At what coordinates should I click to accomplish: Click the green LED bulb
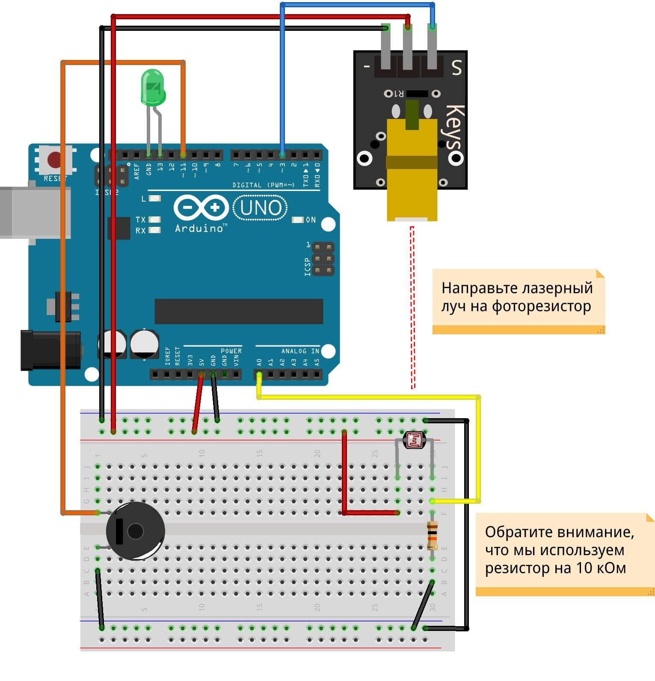point(153,88)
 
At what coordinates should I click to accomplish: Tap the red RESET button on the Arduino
point(54,160)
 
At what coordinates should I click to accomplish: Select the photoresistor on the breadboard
point(414,440)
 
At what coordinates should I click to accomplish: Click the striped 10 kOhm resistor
point(432,535)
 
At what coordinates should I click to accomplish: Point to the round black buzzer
point(135,531)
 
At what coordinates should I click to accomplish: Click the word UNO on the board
point(261,208)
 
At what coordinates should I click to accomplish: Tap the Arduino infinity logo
point(201,208)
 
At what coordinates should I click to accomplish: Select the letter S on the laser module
point(456,67)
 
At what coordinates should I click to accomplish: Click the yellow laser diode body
point(412,171)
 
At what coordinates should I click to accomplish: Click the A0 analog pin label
point(259,362)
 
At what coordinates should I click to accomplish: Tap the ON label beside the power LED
point(311,220)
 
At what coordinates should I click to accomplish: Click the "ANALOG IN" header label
point(300,351)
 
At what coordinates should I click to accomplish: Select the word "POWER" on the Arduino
point(231,351)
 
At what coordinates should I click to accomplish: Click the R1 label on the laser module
point(398,93)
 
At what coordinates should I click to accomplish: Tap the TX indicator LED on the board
point(154,220)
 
